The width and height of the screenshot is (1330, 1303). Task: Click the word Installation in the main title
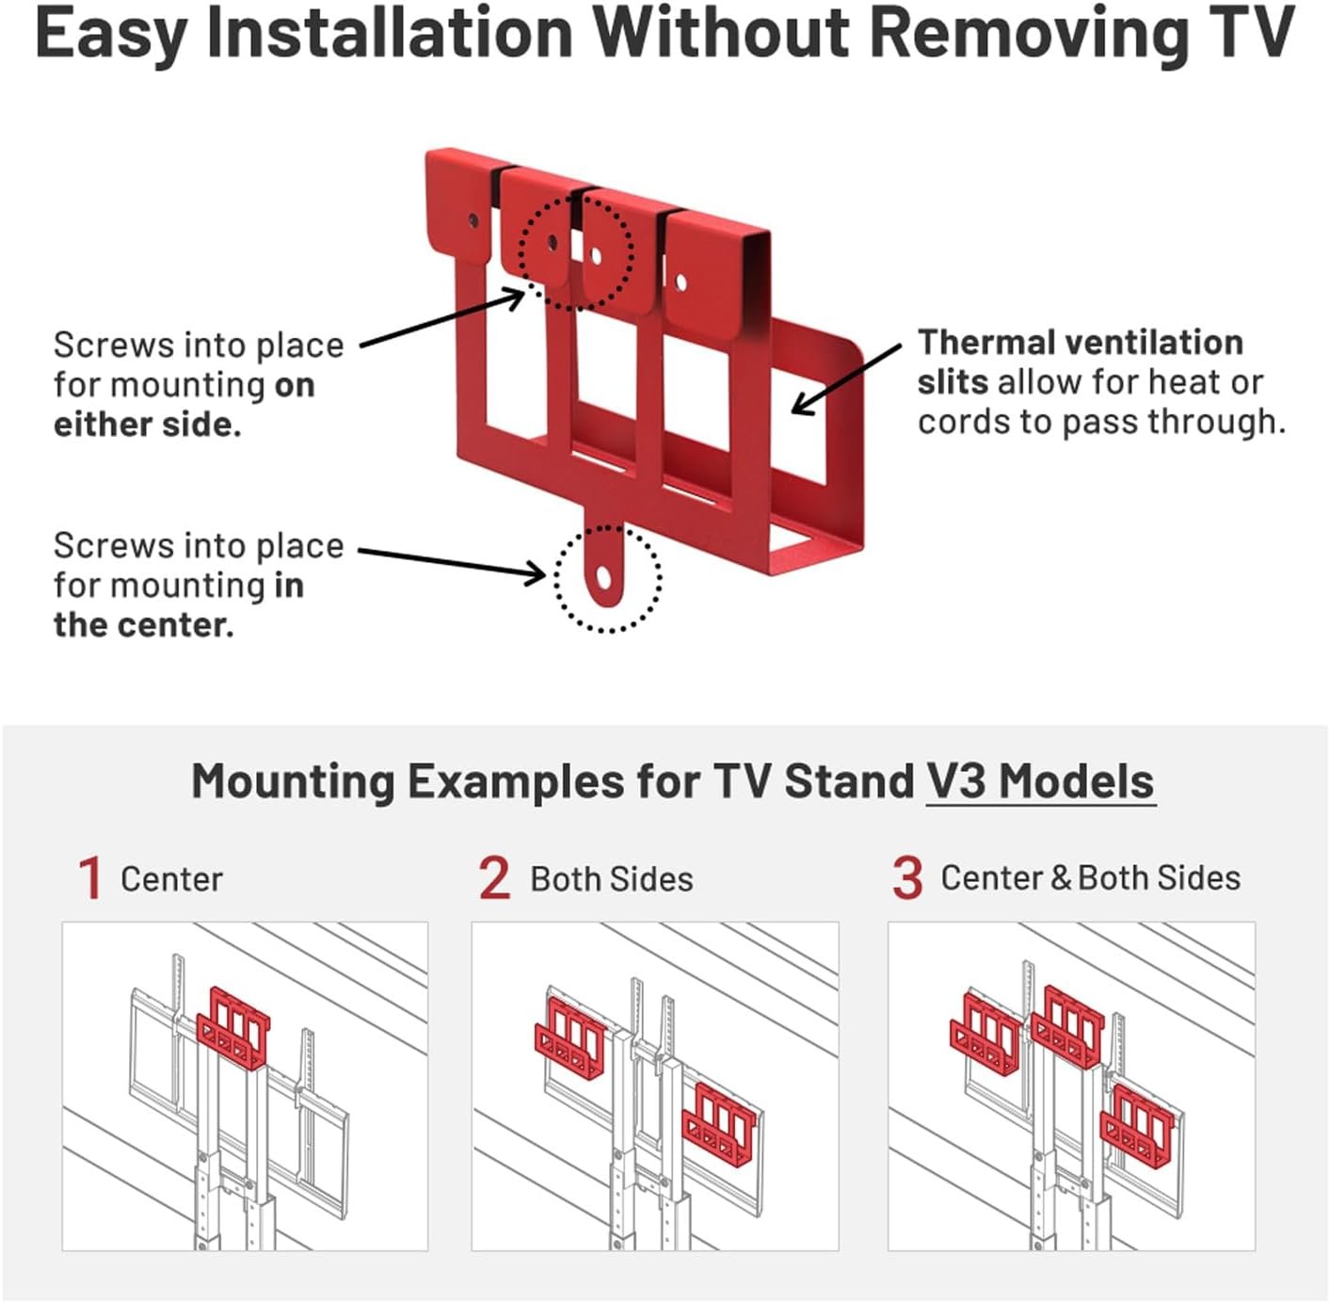tap(390, 34)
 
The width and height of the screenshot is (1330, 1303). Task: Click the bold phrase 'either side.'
tap(147, 425)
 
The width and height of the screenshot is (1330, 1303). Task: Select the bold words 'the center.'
tap(143, 625)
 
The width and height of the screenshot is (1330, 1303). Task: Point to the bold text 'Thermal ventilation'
tap(1080, 343)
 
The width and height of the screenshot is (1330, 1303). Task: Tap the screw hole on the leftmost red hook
tap(473, 222)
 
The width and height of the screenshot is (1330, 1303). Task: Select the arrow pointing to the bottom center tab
tap(452, 562)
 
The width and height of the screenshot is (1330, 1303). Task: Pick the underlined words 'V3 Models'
tap(1040, 782)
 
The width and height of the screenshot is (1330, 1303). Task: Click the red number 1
tap(90, 878)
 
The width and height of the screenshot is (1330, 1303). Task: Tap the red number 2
tap(494, 878)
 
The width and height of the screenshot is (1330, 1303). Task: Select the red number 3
tap(907, 878)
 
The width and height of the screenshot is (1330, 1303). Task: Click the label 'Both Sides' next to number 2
tap(612, 879)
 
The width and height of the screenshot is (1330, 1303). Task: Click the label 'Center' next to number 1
tap(171, 879)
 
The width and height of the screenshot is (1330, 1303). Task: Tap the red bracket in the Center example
tap(233, 1028)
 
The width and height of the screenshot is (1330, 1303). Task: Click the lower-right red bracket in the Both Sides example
tap(723, 1124)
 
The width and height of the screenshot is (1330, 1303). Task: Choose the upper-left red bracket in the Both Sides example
tap(569, 1038)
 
